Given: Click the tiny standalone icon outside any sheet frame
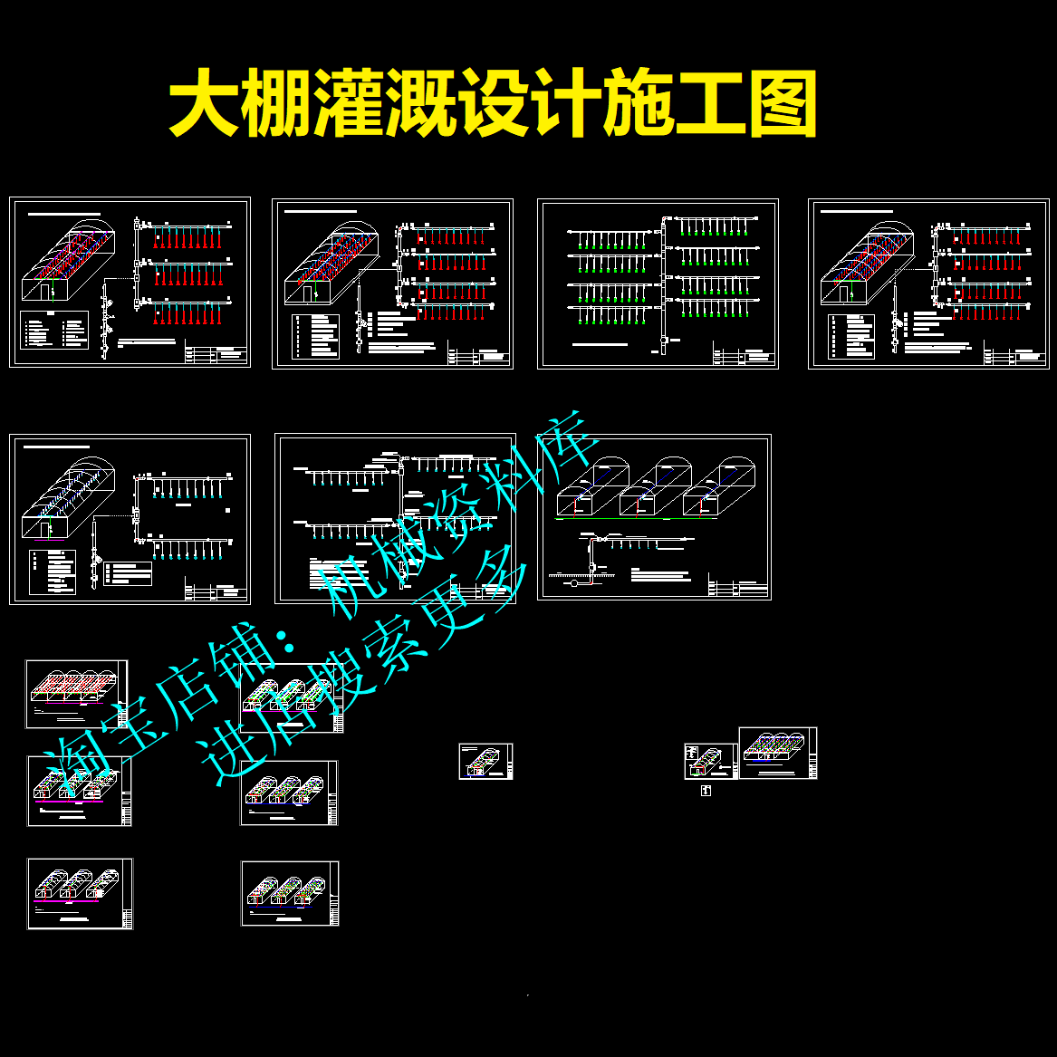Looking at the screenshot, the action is coord(706,791).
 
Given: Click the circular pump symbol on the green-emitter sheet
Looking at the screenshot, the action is coord(664,341).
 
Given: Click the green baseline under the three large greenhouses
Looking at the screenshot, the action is coord(634,519).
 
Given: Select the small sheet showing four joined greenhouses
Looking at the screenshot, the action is coord(77,693).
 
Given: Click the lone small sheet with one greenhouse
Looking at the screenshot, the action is coord(485,761).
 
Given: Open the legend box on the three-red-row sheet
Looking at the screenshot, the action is coord(54,329).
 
